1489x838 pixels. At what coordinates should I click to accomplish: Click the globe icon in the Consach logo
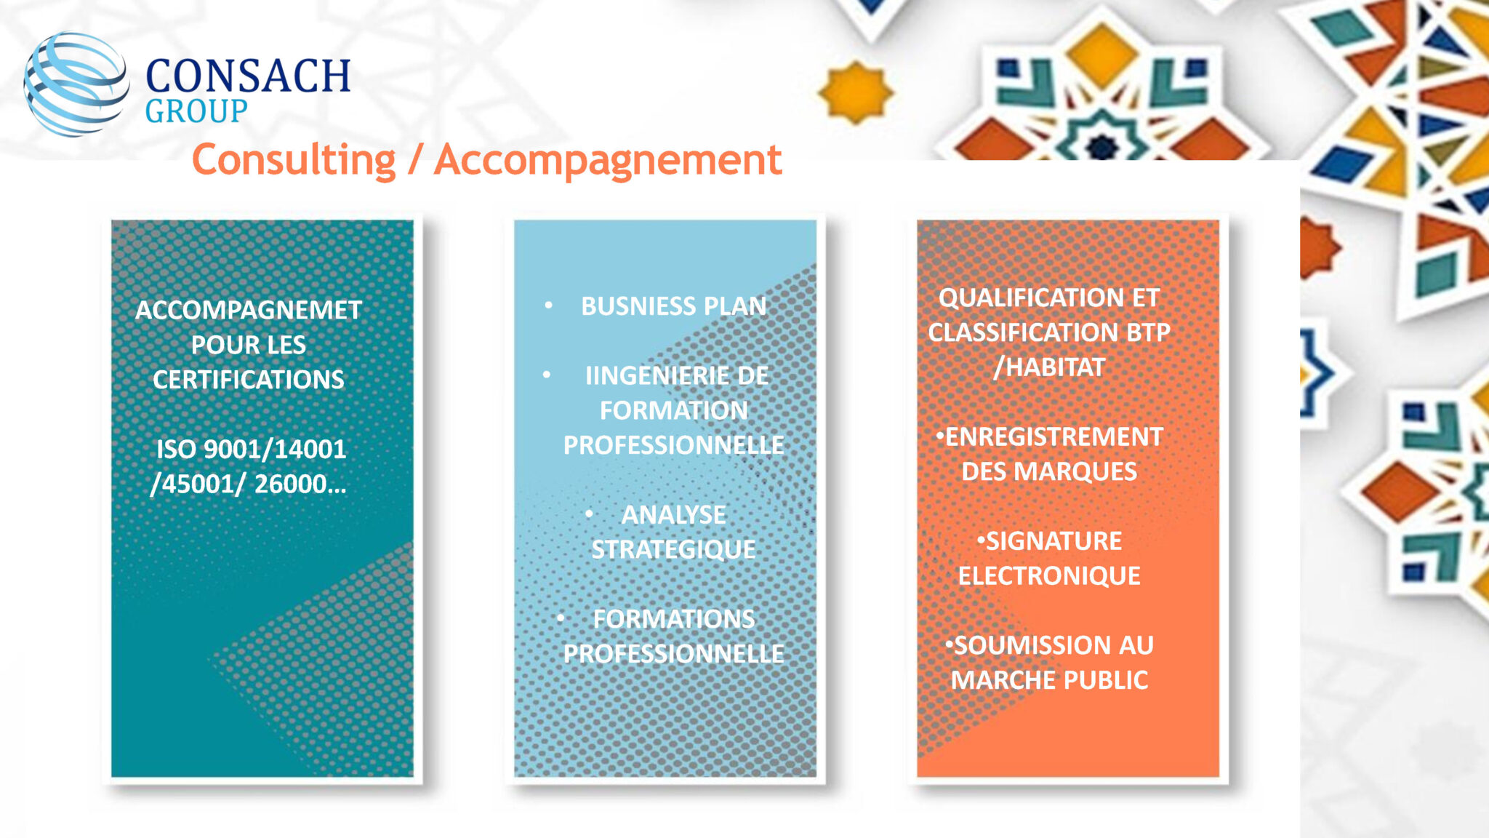tap(76, 84)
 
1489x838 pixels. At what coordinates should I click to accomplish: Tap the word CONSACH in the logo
tap(248, 76)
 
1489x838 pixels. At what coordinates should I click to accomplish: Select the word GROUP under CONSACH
tap(196, 111)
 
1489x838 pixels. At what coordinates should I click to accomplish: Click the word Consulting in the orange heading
tap(294, 160)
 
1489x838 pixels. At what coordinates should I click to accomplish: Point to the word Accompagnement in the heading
tap(608, 160)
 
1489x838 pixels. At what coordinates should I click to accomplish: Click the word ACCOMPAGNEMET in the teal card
tap(249, 311)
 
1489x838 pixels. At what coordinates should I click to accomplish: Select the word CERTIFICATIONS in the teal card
tap(249, 380)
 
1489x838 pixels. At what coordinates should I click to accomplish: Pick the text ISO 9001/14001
tap(252, 450)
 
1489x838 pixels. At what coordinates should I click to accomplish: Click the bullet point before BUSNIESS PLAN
tap(549, 306)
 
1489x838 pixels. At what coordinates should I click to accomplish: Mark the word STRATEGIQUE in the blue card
tap(674, 549)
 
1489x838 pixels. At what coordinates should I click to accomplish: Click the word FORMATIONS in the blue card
tap(674, 619)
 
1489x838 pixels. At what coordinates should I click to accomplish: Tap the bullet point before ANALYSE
tap(589, 514)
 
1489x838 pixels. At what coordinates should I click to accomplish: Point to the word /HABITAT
tap(1049, 367)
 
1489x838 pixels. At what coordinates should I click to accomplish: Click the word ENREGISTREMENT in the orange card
tap(1053, 437)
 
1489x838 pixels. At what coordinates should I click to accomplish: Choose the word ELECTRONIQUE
tap(1049, 576)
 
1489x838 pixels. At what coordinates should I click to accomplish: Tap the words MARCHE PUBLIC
tap(1049, 680)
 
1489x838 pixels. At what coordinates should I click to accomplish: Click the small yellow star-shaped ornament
tap(856, 92)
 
